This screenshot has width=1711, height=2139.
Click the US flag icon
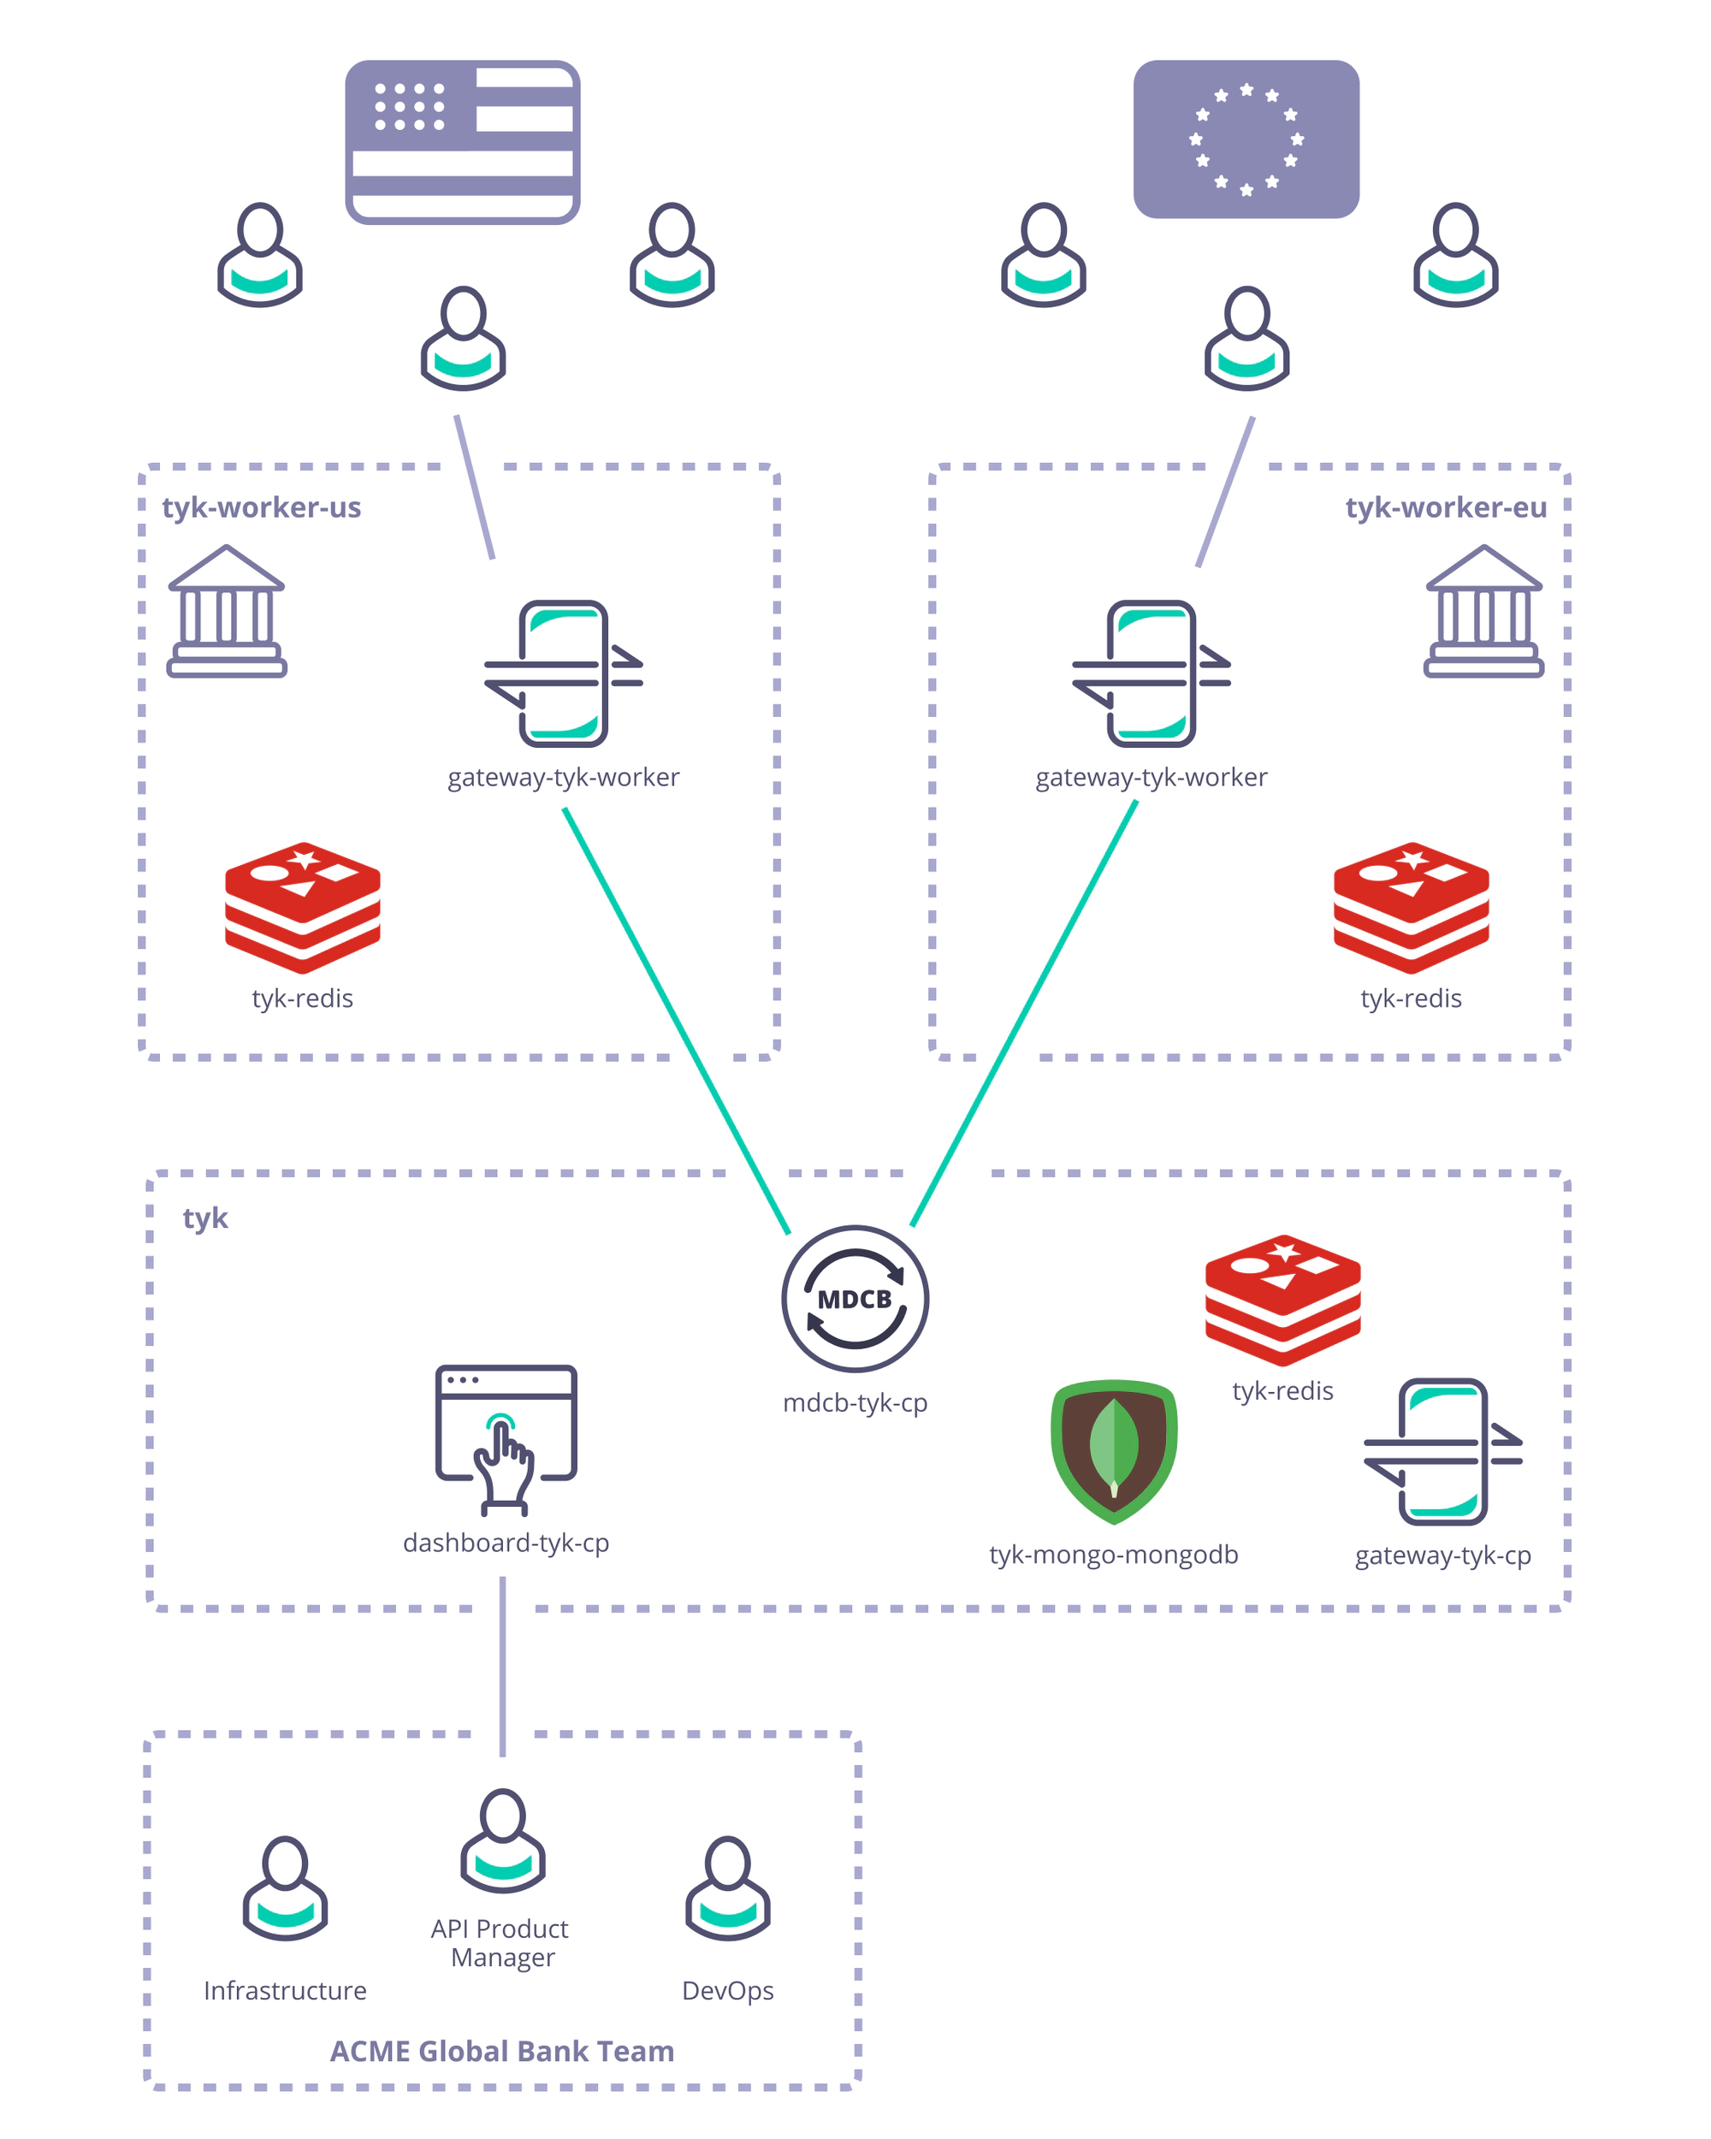point(462,142)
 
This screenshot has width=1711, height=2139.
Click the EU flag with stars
point(1246,139)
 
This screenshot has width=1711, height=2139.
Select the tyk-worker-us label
point(261,507)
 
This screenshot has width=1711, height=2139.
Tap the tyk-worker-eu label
point(1445,507)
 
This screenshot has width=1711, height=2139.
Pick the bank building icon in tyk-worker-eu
point(1483,611)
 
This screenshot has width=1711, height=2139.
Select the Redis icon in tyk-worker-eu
point(1411,907)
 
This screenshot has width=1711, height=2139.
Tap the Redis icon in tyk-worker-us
point(303,907)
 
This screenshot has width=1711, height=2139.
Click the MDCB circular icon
point(855,1299)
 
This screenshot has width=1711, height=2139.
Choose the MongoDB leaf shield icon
point(1114,1450)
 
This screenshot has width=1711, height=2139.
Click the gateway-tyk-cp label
point(1442,1555)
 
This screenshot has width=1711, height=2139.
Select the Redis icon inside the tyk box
point(1282,1300)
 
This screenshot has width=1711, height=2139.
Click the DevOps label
point(727,1990)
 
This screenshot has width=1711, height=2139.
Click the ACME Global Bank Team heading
point(502,2051)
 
